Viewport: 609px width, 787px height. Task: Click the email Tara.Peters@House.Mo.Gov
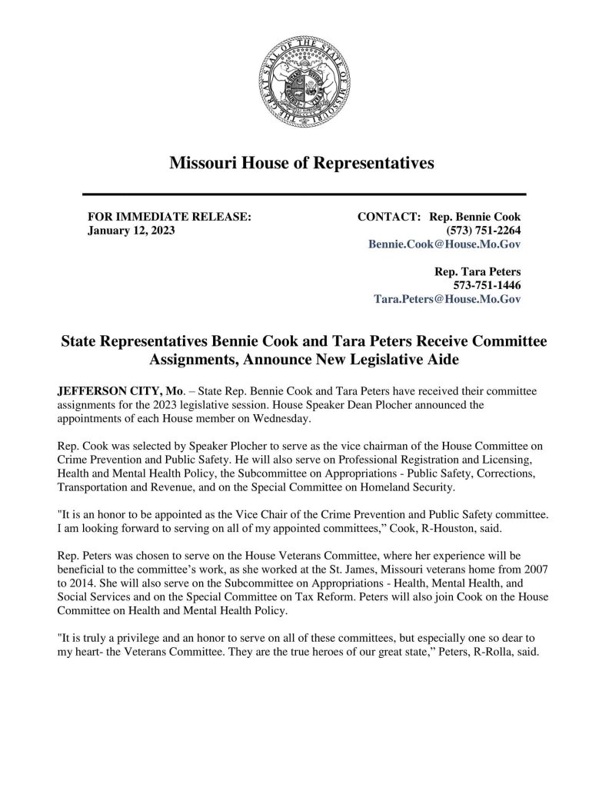tap(447, 299)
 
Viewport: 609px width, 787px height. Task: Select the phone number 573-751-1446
tap(485, 285)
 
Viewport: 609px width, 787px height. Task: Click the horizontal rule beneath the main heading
tap(304, 194)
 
